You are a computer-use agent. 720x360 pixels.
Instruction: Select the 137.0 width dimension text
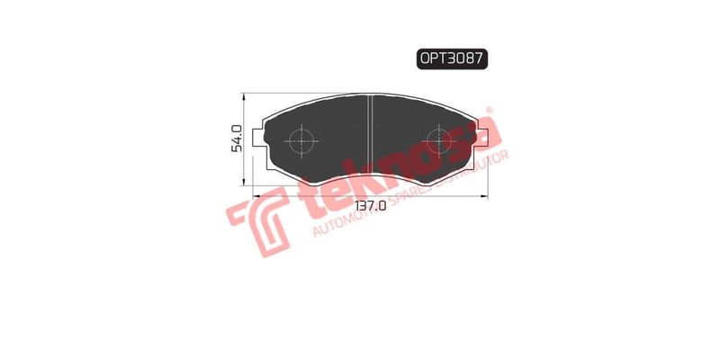(370, 206)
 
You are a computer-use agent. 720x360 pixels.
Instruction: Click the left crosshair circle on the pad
(300, 141)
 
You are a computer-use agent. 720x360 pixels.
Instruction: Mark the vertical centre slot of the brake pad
(371, 135)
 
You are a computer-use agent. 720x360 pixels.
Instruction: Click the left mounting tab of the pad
(261, 138)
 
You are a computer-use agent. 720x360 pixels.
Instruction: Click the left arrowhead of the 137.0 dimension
(257, 194)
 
